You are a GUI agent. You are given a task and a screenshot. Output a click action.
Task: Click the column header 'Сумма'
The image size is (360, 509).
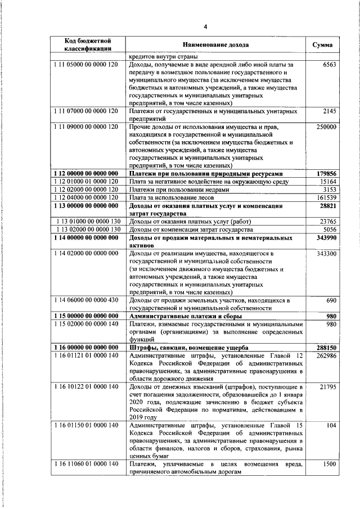point(322,45)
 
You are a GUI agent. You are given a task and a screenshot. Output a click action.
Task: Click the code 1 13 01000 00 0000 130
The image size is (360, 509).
point(89,222)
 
